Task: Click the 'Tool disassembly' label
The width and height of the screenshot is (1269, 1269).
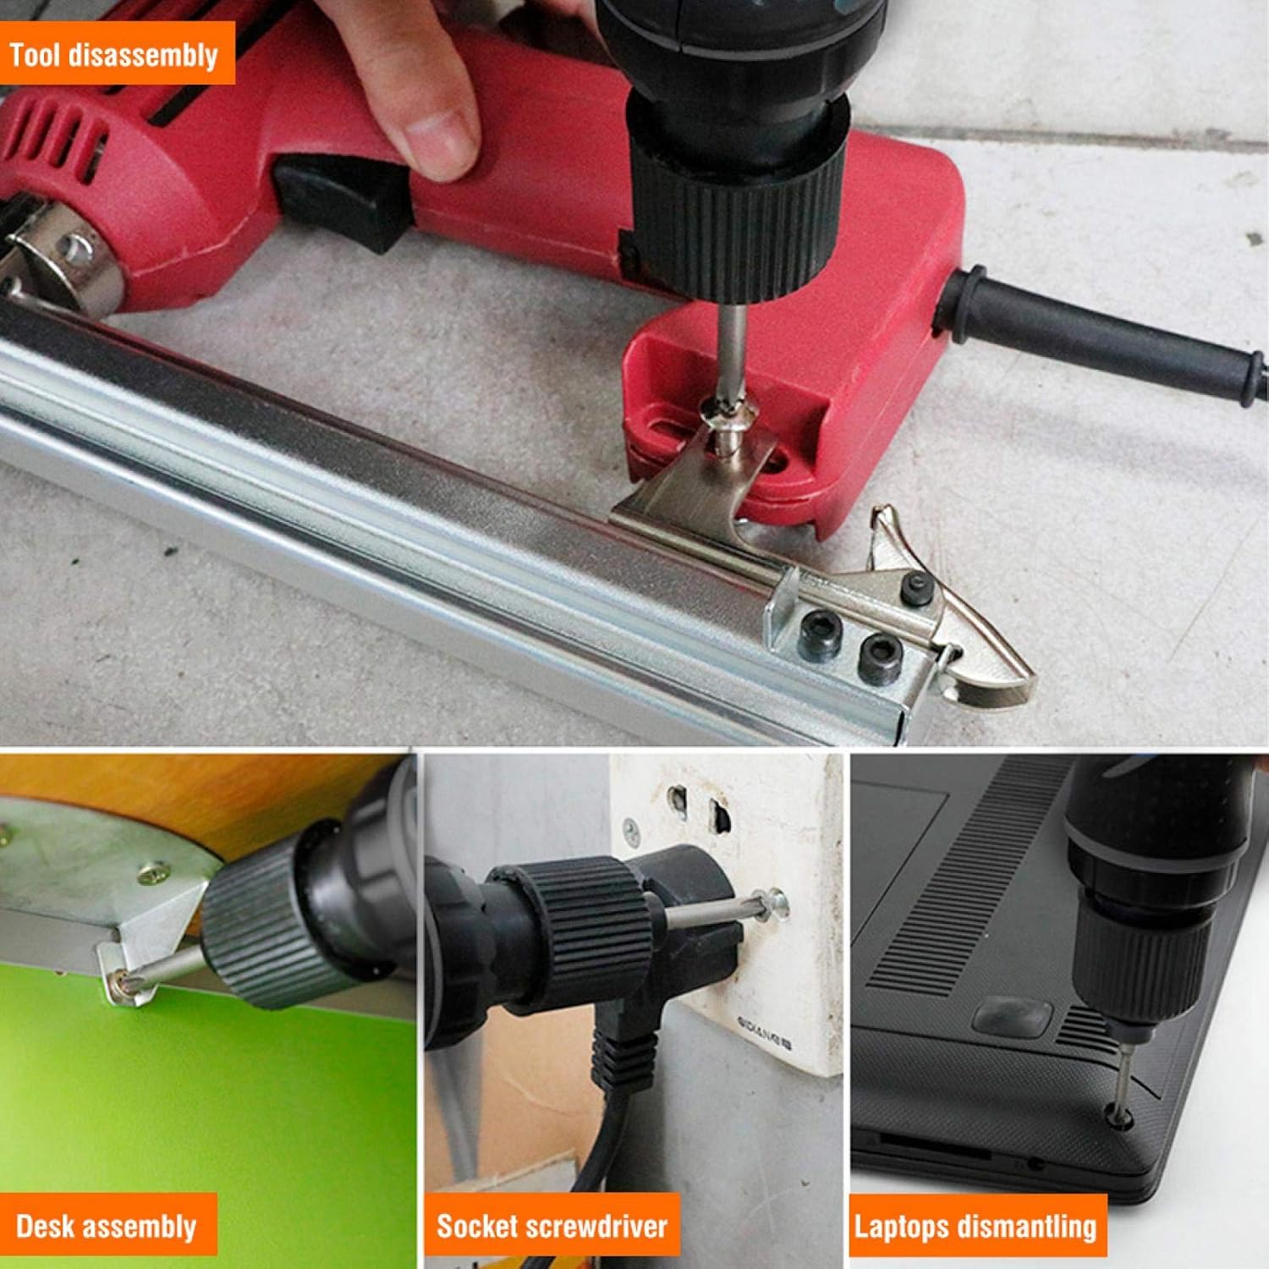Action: click(x=114, y=56)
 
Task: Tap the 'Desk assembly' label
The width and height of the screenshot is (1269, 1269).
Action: click(x=106, y=1226)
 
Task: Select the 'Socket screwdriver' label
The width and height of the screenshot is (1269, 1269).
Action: click(x=552, y=1226)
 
